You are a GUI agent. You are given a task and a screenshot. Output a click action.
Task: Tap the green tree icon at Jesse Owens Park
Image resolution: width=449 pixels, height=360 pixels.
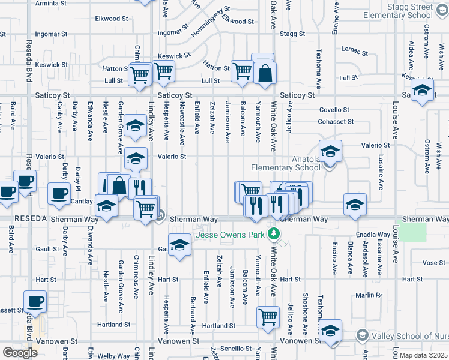[274, 232]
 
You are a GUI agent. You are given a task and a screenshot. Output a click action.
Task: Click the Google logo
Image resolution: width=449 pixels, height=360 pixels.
[20, 353]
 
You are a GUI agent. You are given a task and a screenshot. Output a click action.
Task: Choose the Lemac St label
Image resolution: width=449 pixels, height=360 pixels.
[353, 49]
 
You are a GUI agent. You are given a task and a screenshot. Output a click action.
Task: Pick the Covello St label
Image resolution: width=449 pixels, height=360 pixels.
[334, 110]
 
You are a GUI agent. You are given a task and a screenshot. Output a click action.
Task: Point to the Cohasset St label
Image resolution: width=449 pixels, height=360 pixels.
[336, 122]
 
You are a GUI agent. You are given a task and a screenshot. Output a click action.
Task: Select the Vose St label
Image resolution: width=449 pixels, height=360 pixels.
[433, 263]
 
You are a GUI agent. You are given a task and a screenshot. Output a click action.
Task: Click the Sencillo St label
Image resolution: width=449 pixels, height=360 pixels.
[235, 348]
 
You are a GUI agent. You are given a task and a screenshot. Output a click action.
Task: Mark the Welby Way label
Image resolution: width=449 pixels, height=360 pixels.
[114, 356]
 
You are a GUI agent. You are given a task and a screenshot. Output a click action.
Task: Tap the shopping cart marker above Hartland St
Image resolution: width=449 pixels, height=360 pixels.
[268, 316]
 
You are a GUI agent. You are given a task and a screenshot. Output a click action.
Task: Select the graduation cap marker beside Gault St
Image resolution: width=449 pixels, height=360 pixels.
[179, 244]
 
